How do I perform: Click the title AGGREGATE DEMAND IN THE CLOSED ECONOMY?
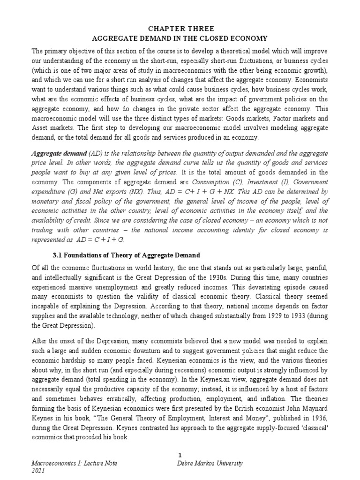pyautogui.click(x=180, y=39)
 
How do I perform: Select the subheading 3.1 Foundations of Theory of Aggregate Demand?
pyautogui.click(x=126, y=255)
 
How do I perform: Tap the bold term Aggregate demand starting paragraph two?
pyautogui.click(x=52, y=154)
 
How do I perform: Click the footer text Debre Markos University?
pyautogui.click(x=210, y=464)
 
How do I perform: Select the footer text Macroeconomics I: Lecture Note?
pyautogui.click(x=74, y=464)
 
